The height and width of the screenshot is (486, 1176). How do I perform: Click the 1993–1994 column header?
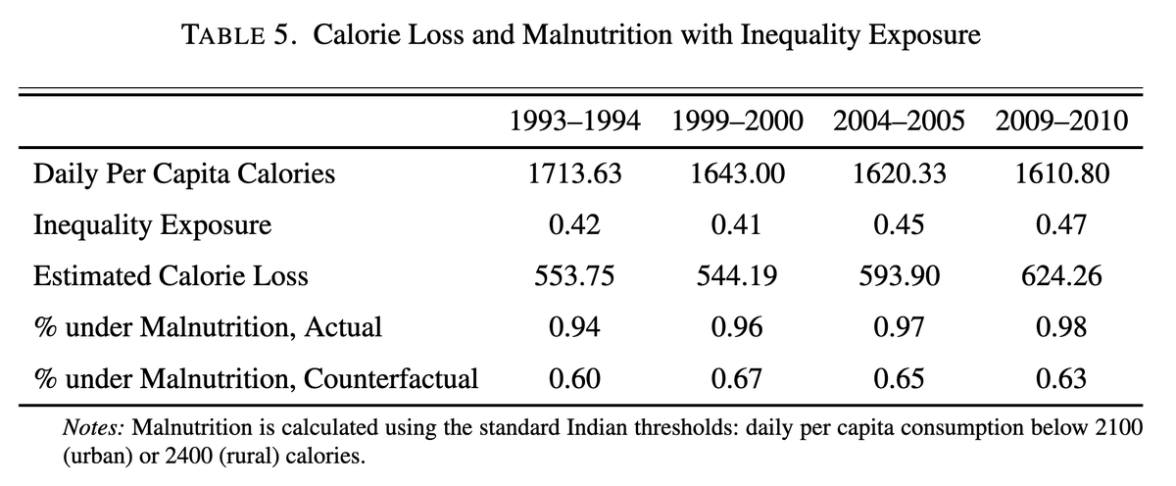coord(575,122)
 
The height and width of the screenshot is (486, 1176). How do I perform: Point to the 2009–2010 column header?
coord(1059,122)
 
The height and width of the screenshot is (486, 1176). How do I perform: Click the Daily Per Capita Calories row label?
coord(184,174)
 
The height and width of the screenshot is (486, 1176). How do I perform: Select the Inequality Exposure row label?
coord(152,225)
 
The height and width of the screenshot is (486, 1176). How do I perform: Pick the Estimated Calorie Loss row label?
coord(171,276)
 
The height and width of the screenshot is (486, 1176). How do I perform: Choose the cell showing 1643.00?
coord(738,174)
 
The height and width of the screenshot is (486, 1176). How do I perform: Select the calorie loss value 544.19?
coord(738,276)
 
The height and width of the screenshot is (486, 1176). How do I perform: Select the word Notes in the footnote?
coord(92,428)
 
